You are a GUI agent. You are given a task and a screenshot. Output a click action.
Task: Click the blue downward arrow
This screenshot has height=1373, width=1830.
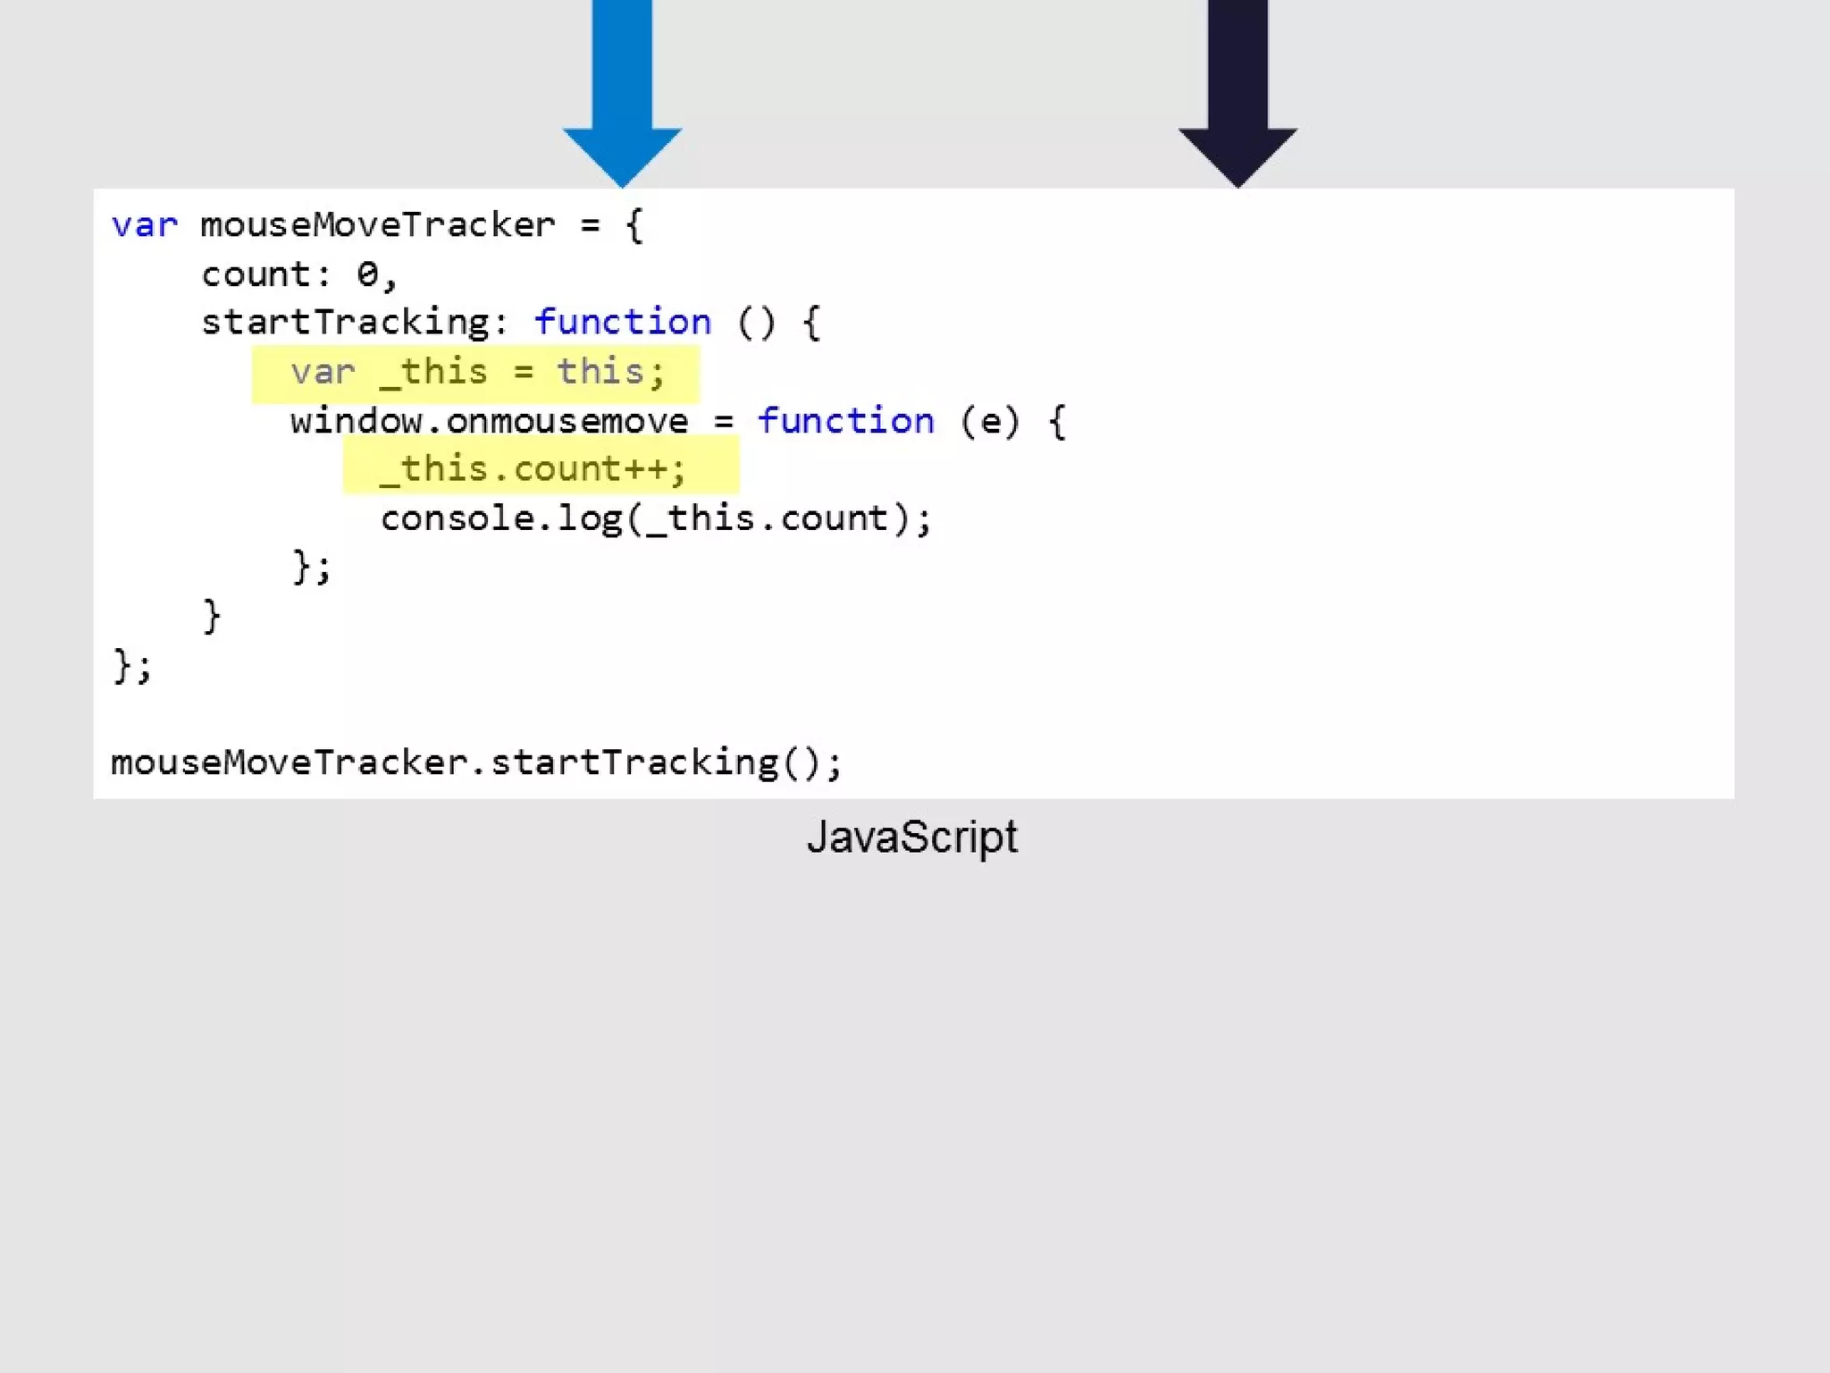click(622, 89)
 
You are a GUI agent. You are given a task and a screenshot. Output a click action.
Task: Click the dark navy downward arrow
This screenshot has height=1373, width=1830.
click(1238, 89)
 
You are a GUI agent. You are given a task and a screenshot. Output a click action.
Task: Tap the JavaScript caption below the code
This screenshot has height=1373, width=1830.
click(911, 838)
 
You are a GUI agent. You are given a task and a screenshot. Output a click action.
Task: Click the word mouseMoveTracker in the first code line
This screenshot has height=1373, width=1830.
click(377, 225)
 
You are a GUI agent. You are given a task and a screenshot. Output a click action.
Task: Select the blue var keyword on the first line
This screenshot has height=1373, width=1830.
click(144, 225)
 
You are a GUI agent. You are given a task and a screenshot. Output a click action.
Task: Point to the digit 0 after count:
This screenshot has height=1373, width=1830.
click(367, 274)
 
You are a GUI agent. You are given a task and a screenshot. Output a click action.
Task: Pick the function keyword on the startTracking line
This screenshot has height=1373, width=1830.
click(622, 323)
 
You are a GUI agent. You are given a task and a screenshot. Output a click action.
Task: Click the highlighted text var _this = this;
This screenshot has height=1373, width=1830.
click(476, 372)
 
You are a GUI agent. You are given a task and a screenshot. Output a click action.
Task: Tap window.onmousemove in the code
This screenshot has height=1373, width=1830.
click(489, 421)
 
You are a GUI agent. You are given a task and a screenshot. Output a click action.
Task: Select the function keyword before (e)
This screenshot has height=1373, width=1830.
click(845, 421)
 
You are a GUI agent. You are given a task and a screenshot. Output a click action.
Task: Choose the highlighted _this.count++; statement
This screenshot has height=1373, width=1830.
click(533, 469)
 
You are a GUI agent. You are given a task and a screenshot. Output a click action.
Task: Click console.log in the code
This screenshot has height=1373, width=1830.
click(500, 518)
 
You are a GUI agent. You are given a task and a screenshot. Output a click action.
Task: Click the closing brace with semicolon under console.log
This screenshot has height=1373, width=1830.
click(311, 567)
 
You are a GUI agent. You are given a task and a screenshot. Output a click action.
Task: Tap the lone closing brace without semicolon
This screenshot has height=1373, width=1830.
click(212, 616)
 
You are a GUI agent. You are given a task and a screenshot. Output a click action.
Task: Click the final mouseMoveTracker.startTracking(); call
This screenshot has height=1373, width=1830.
click(476, 762)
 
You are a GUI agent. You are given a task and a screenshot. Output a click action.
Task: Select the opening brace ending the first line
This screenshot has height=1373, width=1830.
click(634, 225)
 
